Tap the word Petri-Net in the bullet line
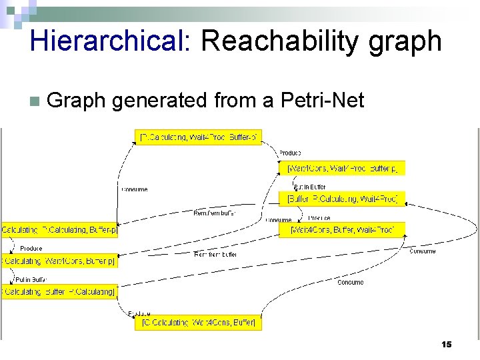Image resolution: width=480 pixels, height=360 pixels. [x=323, y=101]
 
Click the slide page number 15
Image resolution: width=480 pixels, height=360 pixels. [x=447, y=344]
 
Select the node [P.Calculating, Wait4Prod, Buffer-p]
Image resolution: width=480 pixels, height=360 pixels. [x=199, y=137]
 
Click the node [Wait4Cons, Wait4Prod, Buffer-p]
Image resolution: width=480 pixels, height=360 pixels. [x=341, y=168]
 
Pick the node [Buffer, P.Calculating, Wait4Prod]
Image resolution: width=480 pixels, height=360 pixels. [x=341, y=199]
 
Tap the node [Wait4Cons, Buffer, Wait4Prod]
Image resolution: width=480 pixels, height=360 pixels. [x=341, y=230]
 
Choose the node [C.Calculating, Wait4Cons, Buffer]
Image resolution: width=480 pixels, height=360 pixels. [x=199, y=323]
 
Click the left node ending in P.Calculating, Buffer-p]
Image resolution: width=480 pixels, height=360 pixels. [x=59, y=230]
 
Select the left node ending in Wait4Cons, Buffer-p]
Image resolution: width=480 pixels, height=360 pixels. [x=59, y=261]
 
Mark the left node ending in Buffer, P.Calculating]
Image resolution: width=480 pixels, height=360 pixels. [x=59, y=291]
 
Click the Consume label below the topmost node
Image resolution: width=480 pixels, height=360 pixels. [x=134, y=189]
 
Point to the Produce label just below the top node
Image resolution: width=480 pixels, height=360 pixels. [x=289, y=153]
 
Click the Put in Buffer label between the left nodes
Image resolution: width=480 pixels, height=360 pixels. [x=31, y=279]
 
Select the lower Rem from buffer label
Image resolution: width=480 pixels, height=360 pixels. [x=215, y=254]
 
